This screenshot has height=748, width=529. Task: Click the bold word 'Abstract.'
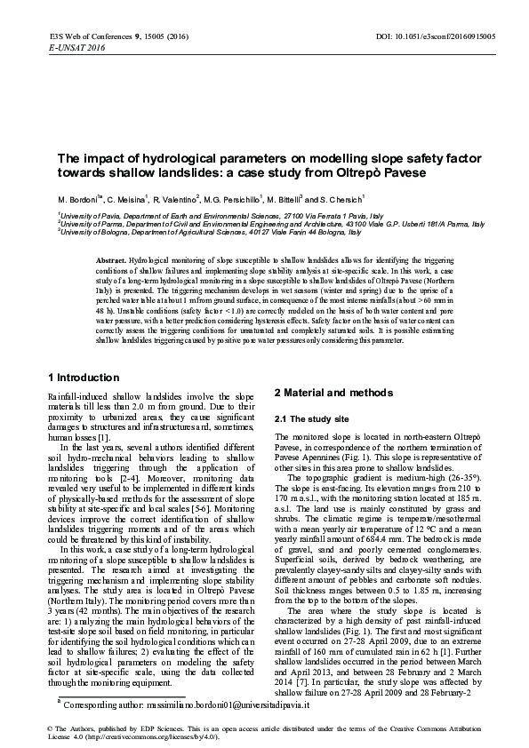click(112, 259)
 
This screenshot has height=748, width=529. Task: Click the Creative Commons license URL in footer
click(148, 736)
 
